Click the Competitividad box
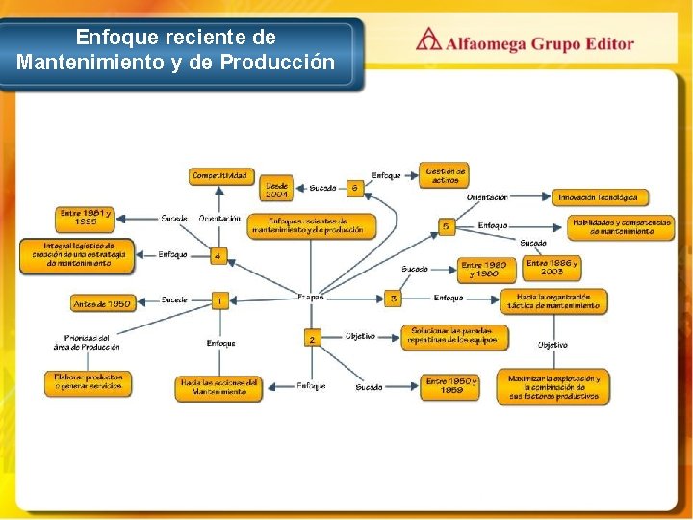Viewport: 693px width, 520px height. click(219, 176)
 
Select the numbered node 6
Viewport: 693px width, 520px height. click(355, 188)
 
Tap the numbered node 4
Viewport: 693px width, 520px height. click(218, 256)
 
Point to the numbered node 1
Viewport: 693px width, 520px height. click(219, 301)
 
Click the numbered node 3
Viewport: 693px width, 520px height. click(393, 299)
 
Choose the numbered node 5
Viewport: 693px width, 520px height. click(446, 226)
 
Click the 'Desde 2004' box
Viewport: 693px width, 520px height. click(276, 189)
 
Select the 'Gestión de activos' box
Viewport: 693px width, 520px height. click(445, 175)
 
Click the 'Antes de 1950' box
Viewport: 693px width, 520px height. click(102, 303)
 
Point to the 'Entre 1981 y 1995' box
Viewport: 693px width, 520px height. click(86, 217)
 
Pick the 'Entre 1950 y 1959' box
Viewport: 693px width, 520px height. click(450, 386)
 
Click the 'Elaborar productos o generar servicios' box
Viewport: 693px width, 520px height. click(88, 382)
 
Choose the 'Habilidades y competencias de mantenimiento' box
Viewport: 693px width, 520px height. click(621, 226)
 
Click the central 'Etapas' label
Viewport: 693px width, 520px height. click(311, 297)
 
